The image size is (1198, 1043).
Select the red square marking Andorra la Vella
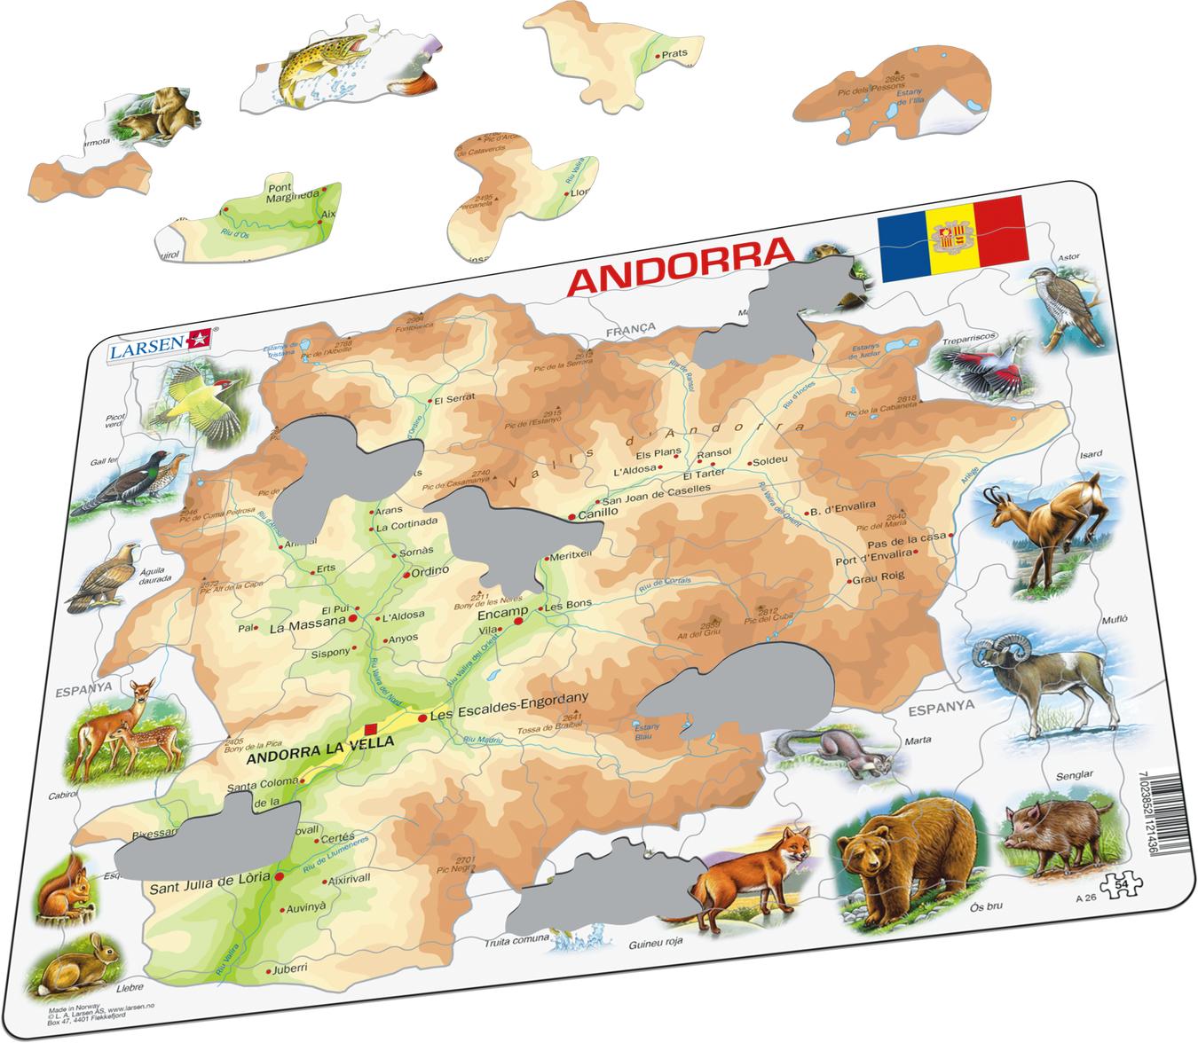pos(371,730)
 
